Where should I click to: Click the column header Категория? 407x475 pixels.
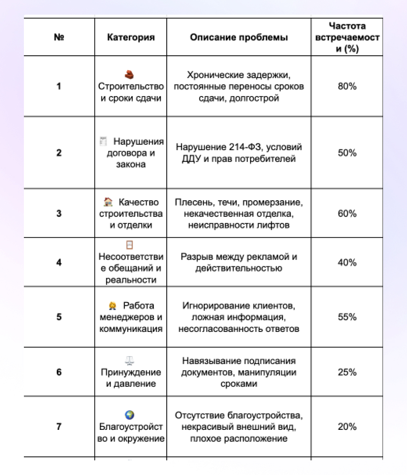[131, 37]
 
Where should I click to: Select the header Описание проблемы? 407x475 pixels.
[239, 37]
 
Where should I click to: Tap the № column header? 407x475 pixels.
[59, 37]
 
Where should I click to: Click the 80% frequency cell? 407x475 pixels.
[347, 86]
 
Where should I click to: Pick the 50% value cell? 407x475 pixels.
[347, 153]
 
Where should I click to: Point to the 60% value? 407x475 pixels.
[347, 213]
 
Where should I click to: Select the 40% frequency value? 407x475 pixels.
[347, 262]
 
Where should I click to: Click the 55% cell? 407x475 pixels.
[347, 317]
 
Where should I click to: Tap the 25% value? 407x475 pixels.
[347, 372]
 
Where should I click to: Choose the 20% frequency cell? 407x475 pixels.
[347, 426]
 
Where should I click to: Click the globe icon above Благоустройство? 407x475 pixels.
[130, 415]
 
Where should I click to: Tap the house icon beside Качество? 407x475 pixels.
[108, 202]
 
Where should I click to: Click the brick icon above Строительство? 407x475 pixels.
[130, 74]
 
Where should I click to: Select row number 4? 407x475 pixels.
[59, 262]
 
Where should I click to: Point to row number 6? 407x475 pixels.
[59, 372]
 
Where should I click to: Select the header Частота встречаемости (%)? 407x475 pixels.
[347, 37]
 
